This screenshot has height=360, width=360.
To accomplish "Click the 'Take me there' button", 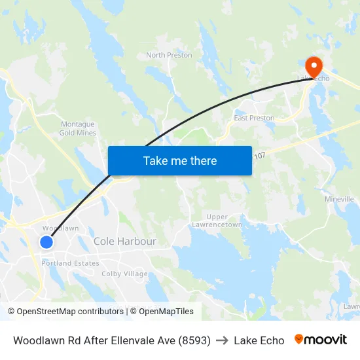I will point(180,160).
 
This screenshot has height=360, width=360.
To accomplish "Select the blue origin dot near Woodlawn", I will point(46,242).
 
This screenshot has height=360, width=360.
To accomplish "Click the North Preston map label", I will point(169,55).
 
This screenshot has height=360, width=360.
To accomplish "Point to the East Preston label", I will point(254,118).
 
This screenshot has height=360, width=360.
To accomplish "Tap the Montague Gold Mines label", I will point(78,128).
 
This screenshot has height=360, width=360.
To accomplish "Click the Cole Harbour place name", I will point(125,242).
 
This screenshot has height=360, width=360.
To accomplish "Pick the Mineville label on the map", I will point(339,198).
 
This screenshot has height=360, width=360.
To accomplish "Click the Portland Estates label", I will point(71,263).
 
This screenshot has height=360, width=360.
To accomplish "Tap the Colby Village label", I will point(124,274).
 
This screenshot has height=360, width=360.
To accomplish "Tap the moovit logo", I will point(321,340).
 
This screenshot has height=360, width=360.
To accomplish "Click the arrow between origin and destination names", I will point(222,340).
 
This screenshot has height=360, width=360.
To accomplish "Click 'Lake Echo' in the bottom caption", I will point(259,340).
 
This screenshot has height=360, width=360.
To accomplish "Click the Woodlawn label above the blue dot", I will point(60,228).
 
